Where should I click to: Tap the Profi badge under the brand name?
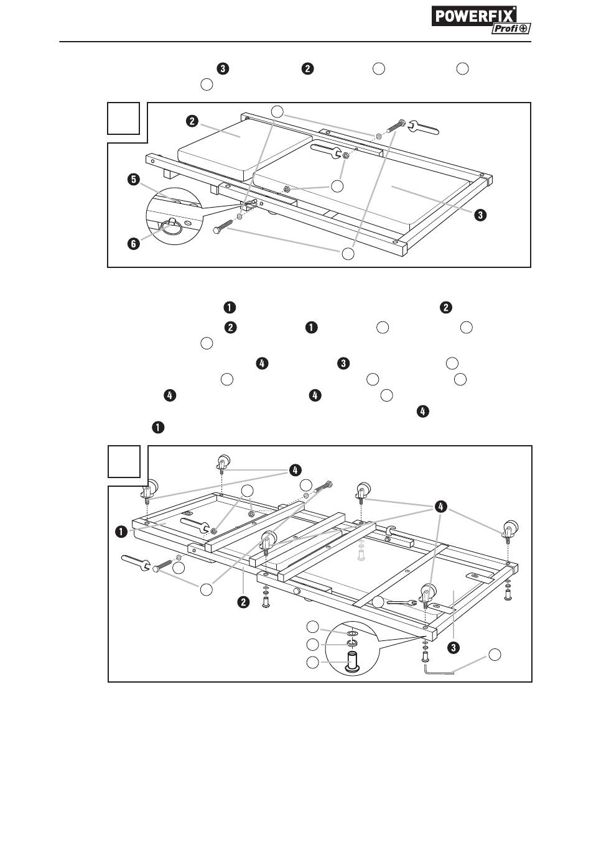(511, 28)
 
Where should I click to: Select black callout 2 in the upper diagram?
(193, 121)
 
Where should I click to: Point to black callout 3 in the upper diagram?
(480, 215)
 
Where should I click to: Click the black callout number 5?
(132, 180)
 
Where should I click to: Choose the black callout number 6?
(133, 244)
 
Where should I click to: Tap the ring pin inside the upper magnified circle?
(174, 226)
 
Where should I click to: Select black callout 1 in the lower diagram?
(121, 532)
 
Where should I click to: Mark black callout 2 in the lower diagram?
(244, 601)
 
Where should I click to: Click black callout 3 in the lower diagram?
(454, 647)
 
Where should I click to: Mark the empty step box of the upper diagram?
(123, 118)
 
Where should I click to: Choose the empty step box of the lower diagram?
(124, 462)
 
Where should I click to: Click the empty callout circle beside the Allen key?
(494, 655)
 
